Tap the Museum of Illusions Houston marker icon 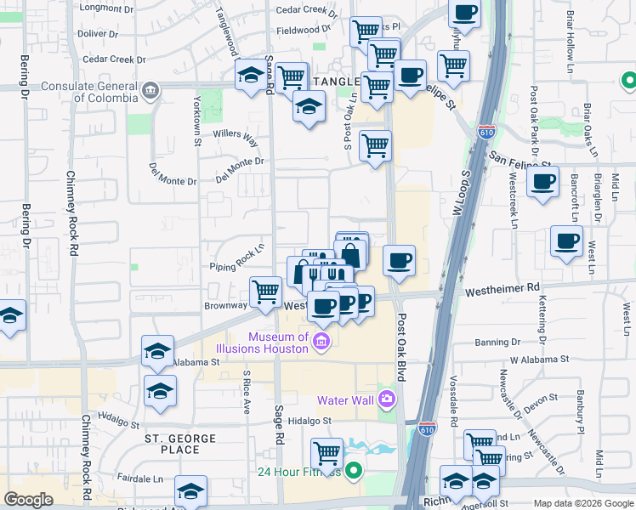pyautogui.click(x=321, y=342)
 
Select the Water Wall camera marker pyautogui.click(x=387, y=399)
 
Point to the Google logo pyautogui.click(x=28, y=500)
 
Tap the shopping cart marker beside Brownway pyautogui.click(x=266, y=292)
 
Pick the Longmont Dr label pyautogui.click(x=100, y=8)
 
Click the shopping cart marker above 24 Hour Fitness pyautogui.click(x=326, y=452)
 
